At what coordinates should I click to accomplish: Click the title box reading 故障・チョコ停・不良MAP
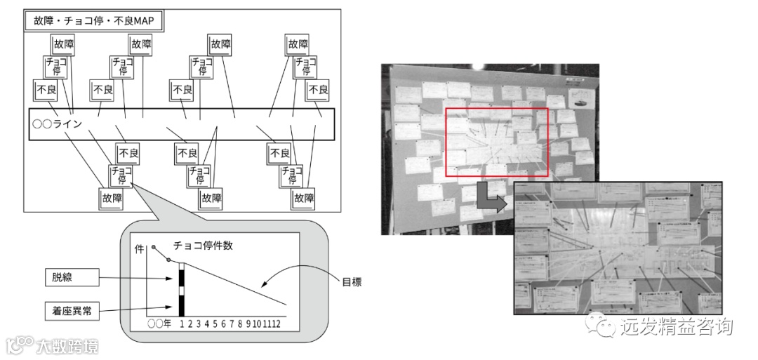pyautogui.click(x=94, y=21)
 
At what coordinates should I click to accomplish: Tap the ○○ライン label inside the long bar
pyautogui.click(x=58, y=124)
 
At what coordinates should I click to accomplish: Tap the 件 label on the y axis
pyautogui.click(x=138, y=250)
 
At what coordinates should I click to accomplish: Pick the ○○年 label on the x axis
pyautogui.click(x=159, y=324)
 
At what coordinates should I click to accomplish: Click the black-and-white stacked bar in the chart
pyautogui.click(x=181, y=290)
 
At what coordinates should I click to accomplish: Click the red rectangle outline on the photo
pyautogui.click(x=497, y=109)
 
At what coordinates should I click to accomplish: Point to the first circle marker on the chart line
pyautogui.click(x=154, y=248)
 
